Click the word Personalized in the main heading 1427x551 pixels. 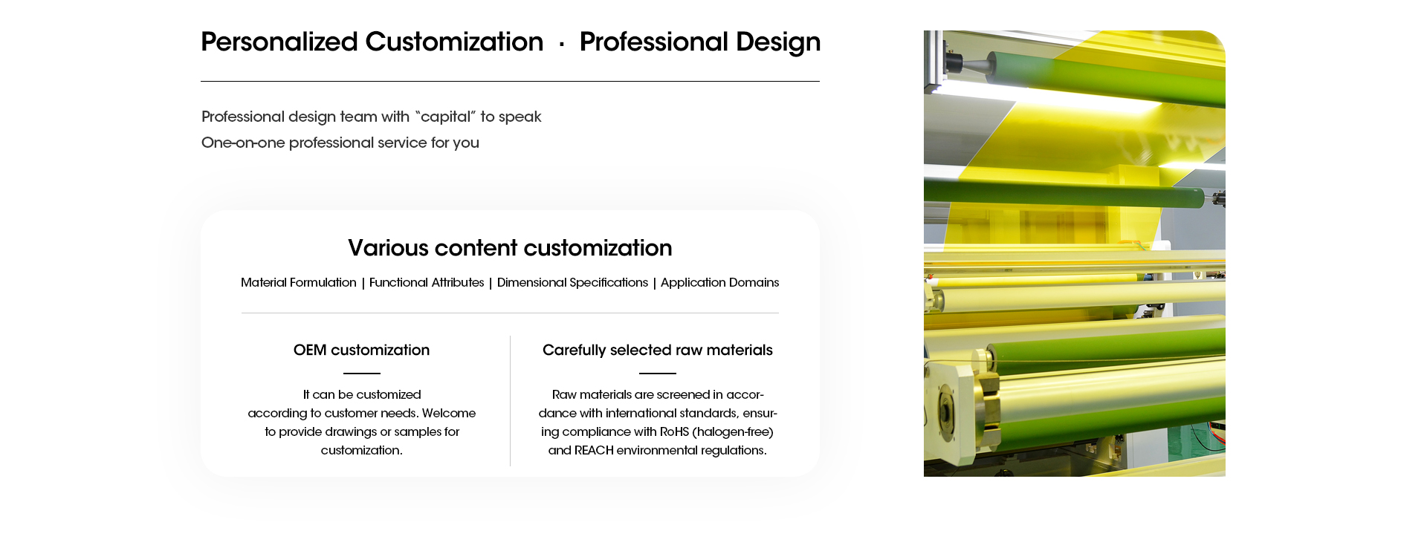[279, 42]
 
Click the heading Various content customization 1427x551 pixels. [510, 248]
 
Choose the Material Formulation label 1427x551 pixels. [299, 282]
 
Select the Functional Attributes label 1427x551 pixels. [427, 282]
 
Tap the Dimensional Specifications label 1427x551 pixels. [572, 282]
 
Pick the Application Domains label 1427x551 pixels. [719, 282]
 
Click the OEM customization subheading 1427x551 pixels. [361, 350]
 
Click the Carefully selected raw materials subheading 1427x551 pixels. [658, 350]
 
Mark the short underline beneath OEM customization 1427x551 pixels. [362, 373]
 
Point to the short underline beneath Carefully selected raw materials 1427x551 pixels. [658, 373]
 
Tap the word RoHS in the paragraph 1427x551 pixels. [674, 431]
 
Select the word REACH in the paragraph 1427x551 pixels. [594, 450]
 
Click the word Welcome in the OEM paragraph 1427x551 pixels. [449, 413]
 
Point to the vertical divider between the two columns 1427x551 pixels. [510, 401]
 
